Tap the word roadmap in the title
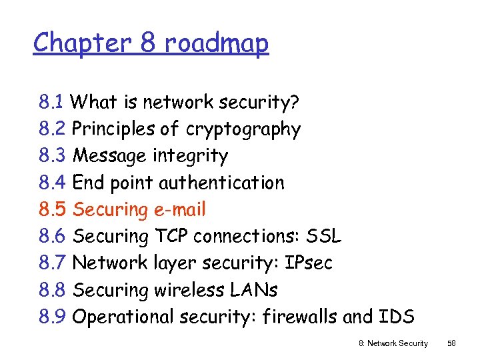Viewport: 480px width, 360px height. (x=216, y=44)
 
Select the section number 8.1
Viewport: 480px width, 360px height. (x=51, y=103)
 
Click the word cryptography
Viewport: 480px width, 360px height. (x=243, y=129)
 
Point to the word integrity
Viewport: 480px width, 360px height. (x=191, y=157)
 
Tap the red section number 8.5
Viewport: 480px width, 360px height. (x=52, y=209)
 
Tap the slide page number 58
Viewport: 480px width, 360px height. (x=451, y=343)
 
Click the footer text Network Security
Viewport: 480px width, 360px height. (x=399, y=343)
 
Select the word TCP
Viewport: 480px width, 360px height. (x=173, y=236)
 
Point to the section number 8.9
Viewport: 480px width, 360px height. (x=52, y=317)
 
